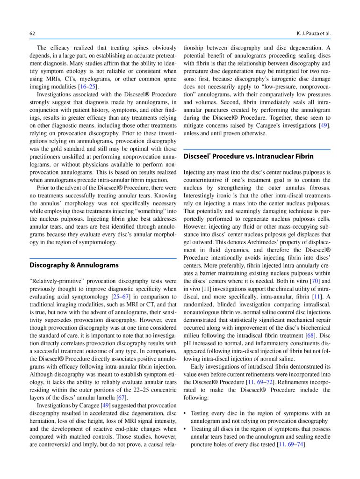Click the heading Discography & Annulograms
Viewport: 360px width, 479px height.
[74, 265]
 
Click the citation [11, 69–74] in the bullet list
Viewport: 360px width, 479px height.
[291, 444]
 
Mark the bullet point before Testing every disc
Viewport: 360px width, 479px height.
[186, 413]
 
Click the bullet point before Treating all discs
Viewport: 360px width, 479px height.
[186, 428]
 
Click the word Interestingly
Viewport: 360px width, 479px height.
[202, 196]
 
